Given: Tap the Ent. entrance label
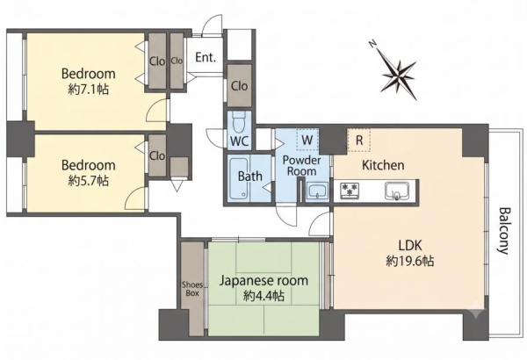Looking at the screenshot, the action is pos(206,57).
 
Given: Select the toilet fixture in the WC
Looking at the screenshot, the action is pos(239,122).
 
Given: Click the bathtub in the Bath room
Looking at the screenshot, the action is pos(238,178).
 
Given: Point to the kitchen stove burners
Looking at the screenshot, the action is pos(350,191).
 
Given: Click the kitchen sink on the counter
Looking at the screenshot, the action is pos(397,191).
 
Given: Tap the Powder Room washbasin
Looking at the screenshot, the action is pos(318,191).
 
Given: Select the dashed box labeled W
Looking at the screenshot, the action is pos(307,140).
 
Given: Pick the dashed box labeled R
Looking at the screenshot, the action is pos(358,140).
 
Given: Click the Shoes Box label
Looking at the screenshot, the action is pos(192,289).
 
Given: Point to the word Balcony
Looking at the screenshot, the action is pos(504,231).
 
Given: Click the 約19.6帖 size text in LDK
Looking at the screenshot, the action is pos(410,261).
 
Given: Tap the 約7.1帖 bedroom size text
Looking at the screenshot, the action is pos(89,90).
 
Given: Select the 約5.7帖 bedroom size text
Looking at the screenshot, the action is pos(89,181).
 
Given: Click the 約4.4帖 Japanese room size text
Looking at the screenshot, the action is pos(264,296).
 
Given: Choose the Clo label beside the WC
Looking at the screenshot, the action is pos(239,86).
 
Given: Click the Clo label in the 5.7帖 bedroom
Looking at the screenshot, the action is pos(157,155).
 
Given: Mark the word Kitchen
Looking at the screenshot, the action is pos(383,165).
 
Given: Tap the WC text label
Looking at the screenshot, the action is pos(240,141).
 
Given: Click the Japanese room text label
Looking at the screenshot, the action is pos(263,280).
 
